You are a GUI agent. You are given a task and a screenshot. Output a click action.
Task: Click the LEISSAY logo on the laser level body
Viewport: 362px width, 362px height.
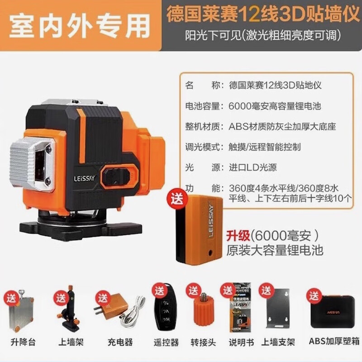tap(84, 178)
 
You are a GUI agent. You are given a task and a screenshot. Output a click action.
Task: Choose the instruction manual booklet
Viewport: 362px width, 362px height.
tap(240, 307)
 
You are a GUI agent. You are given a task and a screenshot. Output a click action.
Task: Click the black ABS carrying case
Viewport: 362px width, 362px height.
tap(333, 311)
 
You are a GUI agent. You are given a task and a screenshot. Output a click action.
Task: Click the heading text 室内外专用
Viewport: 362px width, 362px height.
tap(79, 26)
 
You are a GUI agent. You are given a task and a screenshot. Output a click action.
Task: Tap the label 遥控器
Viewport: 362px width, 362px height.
tap(166, 343)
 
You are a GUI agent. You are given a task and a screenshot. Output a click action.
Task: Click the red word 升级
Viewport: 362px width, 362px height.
tap(238, 236)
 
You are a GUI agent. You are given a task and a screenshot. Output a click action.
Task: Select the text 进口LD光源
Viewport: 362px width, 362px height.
tap(252, 167)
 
